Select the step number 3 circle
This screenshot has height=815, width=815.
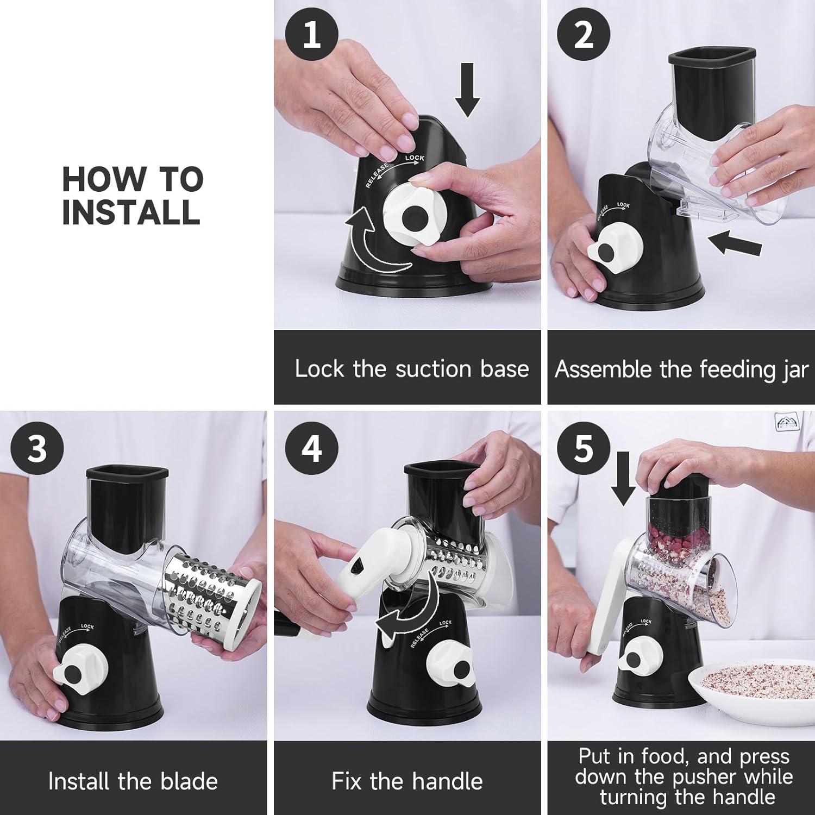37,449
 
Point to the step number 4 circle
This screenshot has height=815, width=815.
312,449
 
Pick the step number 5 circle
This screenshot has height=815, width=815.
584,449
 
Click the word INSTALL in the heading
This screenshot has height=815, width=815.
131,211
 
